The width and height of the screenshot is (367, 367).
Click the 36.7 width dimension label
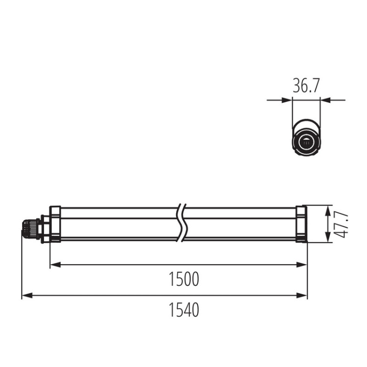pyautogui.click(x=306, y=86)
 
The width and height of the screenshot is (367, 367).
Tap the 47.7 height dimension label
pyautogui.click(x=344, y=225)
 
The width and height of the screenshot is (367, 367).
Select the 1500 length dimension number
pyautogui.click(x=184, y=279)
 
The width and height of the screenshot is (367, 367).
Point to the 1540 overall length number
pyautogui.click(x=184, y=310)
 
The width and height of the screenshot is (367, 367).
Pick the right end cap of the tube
pyautogui.click(x=301, y=224)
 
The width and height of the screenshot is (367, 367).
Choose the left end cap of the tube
pyautogui.click(x=54, y=224)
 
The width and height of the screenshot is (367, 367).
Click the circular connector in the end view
pyautogui.click(x=306, y=143)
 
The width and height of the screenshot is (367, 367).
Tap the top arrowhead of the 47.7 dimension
pyautogui.click(x=327, y=209)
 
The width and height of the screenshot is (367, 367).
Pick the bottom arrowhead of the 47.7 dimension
pyautogui.click(x=327, y=238)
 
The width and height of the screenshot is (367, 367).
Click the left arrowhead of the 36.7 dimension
pyautogui.click(x=288, y=100)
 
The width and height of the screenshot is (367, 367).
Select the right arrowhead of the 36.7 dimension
pyautogui.click(x=324, y=100)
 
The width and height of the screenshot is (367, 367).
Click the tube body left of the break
pyautogui.click(x=117, y=224)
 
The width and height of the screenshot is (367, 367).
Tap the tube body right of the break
pyautogui.click(x=240, y=224)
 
